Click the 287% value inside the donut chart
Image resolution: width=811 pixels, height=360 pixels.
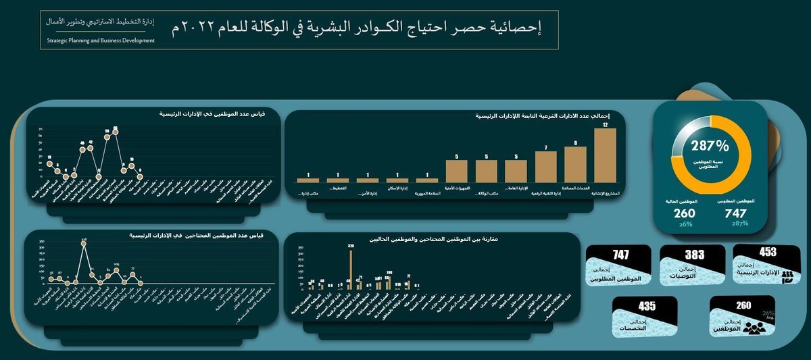click(710, 145)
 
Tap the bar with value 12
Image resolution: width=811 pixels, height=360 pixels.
click(606, 156)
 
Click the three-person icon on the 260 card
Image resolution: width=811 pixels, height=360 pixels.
click(756, 328)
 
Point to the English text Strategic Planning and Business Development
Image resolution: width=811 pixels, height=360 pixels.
click(101, 41)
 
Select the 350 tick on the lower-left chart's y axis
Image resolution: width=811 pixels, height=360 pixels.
click(42, 241)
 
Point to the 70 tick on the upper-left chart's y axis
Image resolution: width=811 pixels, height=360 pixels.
click(41, 128)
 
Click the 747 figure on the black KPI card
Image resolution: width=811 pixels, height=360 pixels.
click(620, 255)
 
